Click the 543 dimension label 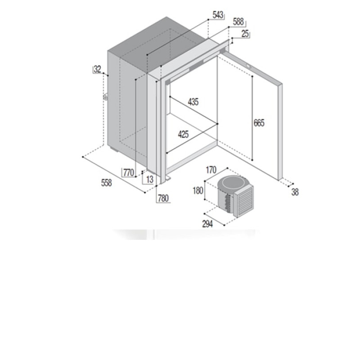pos(218,15)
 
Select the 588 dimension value pos(238,22)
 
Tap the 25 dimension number pos(245,34)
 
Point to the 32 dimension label pos(98,69)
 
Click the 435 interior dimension pos(193,102)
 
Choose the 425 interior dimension pos(183,134)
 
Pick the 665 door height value pos(259,123)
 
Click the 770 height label pos(129,172)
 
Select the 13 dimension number pos(150,179)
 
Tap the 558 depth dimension pos(106,183)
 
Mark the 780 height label pos(163,198)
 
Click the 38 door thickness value pos(295,192)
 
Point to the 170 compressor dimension pos(211,170)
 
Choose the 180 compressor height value pos(198,190)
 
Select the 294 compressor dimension pos(207,224)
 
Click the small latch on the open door pos(249,66)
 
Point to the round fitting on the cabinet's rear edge pos(105,97)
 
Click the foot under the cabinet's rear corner pos(114,149)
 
